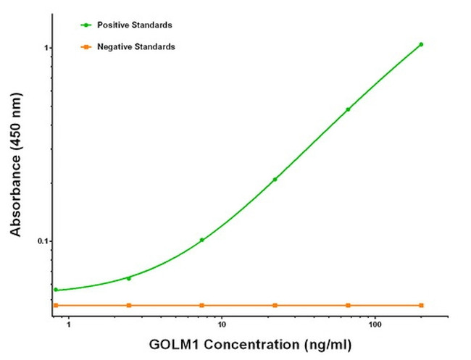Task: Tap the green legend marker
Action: (x=86, y=25)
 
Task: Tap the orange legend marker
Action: (x=86, y=46)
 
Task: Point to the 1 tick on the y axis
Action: (x=45, y=48)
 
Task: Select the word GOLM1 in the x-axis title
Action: (x=173, y=345)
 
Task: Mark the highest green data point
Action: (x=421, y=44)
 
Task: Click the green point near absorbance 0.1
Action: (x=201, y=240)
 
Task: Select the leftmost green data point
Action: (x=56, y=290)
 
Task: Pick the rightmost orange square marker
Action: (x=421, y=305)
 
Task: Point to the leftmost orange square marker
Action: (x=56, y=305)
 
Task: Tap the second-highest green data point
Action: (x=348, y=109)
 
